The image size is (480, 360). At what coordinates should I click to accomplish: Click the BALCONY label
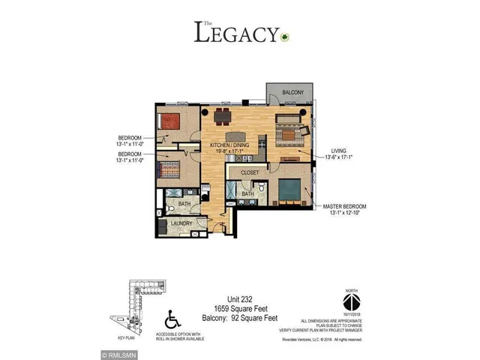click(292, 92)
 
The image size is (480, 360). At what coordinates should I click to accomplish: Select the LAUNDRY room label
click(182, 223)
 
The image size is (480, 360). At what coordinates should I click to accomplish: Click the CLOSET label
click(250, 172)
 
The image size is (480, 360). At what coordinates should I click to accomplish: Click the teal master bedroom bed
click(289, 190)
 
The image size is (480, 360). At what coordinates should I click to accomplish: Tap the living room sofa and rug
click(289, 132)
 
